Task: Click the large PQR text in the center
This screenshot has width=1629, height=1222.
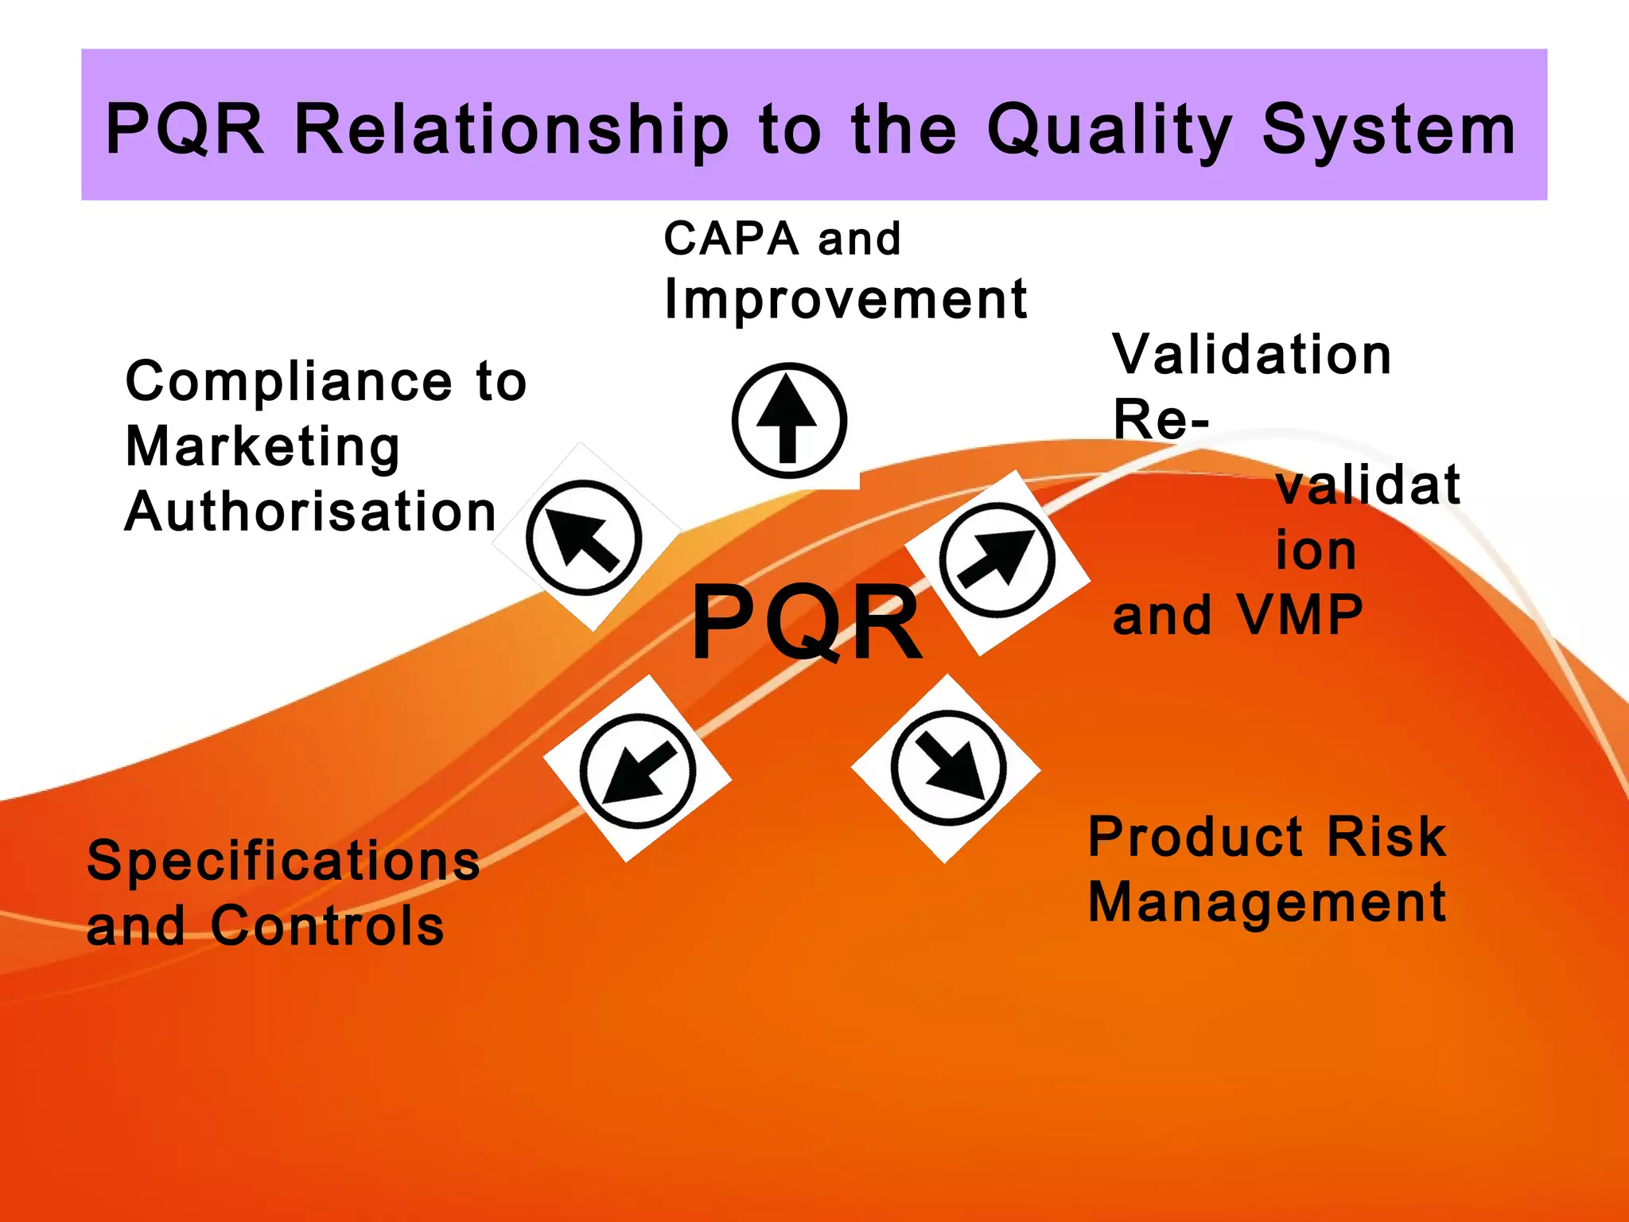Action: coord(807,622)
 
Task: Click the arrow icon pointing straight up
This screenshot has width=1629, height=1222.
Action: coord(788,420)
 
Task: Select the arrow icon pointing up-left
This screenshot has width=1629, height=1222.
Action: coord(585,538)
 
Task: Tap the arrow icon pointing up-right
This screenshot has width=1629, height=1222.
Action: coord(997,560)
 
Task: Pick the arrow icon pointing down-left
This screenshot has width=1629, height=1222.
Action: coord(638,770)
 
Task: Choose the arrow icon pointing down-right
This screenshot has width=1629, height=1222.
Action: coord(948,768)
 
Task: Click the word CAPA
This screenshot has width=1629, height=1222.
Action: coord(731,239)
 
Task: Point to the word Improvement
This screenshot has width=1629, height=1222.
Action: coord(846,300)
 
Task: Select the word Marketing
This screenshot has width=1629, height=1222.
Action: coord(262,447)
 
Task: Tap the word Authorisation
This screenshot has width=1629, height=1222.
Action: coord(311,512)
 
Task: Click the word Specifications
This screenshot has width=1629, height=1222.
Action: coord(283,861)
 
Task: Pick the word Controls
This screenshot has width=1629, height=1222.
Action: coord(327,926)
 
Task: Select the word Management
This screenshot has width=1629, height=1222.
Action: coord(1267,902)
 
